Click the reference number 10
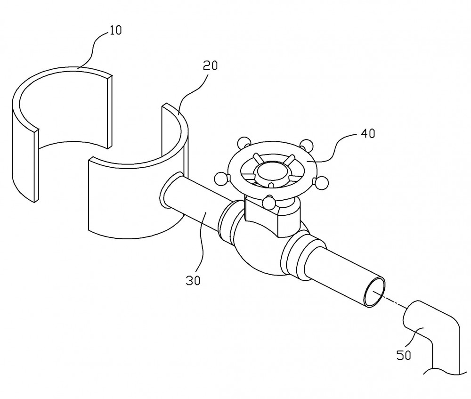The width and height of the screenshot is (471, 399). click(x=115, y=30)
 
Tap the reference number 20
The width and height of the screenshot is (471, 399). click(x=210, y=65)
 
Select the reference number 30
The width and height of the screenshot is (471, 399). click(x=193, y=280)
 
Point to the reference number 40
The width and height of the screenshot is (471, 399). click(x=368, y=133)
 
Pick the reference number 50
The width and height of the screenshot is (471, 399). click(x=404, y=356)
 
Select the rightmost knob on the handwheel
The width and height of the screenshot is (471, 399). click(x=321, y=183)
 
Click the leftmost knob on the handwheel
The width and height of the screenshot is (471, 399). click(x=221, y=179)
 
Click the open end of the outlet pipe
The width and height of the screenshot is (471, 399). click(x=374, y=292)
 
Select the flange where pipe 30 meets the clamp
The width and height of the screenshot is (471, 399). click(x=171, y=190)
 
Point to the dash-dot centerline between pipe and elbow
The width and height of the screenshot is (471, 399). click(x=391, y=301)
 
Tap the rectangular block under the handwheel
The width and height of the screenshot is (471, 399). click(x=272, y=214)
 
